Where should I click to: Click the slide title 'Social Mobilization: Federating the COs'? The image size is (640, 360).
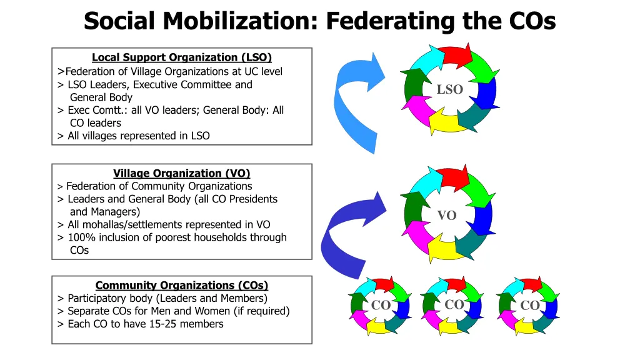pos(319,21)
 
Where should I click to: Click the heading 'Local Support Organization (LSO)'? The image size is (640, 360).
pos(181,57)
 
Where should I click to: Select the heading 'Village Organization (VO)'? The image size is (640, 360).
pos(181,173)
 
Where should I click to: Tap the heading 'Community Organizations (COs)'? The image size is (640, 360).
pos(181,286)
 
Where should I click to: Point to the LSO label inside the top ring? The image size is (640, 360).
pos(449,89)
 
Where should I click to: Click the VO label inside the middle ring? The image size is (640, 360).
pos(446,216)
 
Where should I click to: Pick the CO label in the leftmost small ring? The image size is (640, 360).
pos(381,305)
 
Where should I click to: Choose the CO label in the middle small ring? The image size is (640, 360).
pos(454,304)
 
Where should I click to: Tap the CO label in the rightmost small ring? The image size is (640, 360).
pos(529,306)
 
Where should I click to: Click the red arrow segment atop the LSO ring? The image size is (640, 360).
pos(454,55)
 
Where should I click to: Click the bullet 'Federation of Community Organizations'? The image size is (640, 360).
pos(159,186)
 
